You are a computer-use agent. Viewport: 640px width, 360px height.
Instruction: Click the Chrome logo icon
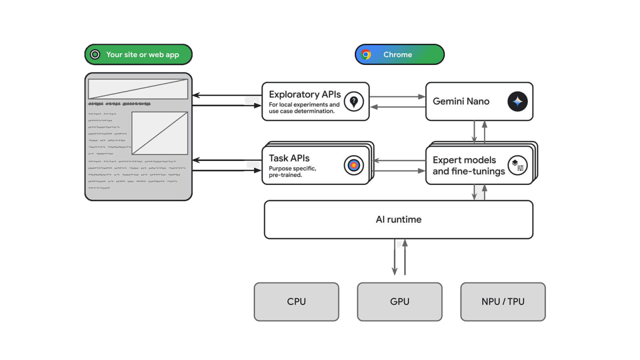(366, 54)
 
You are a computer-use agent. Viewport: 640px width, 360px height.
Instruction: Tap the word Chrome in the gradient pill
(397, 54)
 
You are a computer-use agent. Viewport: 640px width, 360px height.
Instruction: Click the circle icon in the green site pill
(95, 54)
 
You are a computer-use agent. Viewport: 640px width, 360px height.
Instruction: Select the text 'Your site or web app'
(142, 54)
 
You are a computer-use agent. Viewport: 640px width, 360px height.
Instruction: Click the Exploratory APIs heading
(304, 94)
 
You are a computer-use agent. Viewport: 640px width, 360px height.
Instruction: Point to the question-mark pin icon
(354, 101)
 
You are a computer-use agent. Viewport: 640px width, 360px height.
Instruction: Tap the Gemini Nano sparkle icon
(517, 101)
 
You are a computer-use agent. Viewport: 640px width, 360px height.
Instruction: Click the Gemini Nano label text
(461, 101)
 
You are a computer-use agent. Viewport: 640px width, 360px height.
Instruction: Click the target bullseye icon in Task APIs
(354, 165)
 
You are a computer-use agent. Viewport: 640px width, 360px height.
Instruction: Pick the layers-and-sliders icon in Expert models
(517, 165)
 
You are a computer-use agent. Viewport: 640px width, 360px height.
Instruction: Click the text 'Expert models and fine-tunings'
(468, 165)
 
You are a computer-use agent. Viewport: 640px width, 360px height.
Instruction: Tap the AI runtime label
(398, 219)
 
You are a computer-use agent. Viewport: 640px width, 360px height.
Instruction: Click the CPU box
(296, 301)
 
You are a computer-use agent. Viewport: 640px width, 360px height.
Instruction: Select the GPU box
(399, 301)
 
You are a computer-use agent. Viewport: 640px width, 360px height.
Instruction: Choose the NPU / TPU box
(502, 301)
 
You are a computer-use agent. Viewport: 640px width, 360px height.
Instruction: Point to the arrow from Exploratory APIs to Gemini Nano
(397, 96)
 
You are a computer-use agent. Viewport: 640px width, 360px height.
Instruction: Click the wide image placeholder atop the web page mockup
(138, 89)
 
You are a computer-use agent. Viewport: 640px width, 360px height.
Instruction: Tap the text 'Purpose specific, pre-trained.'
(292, 171)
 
